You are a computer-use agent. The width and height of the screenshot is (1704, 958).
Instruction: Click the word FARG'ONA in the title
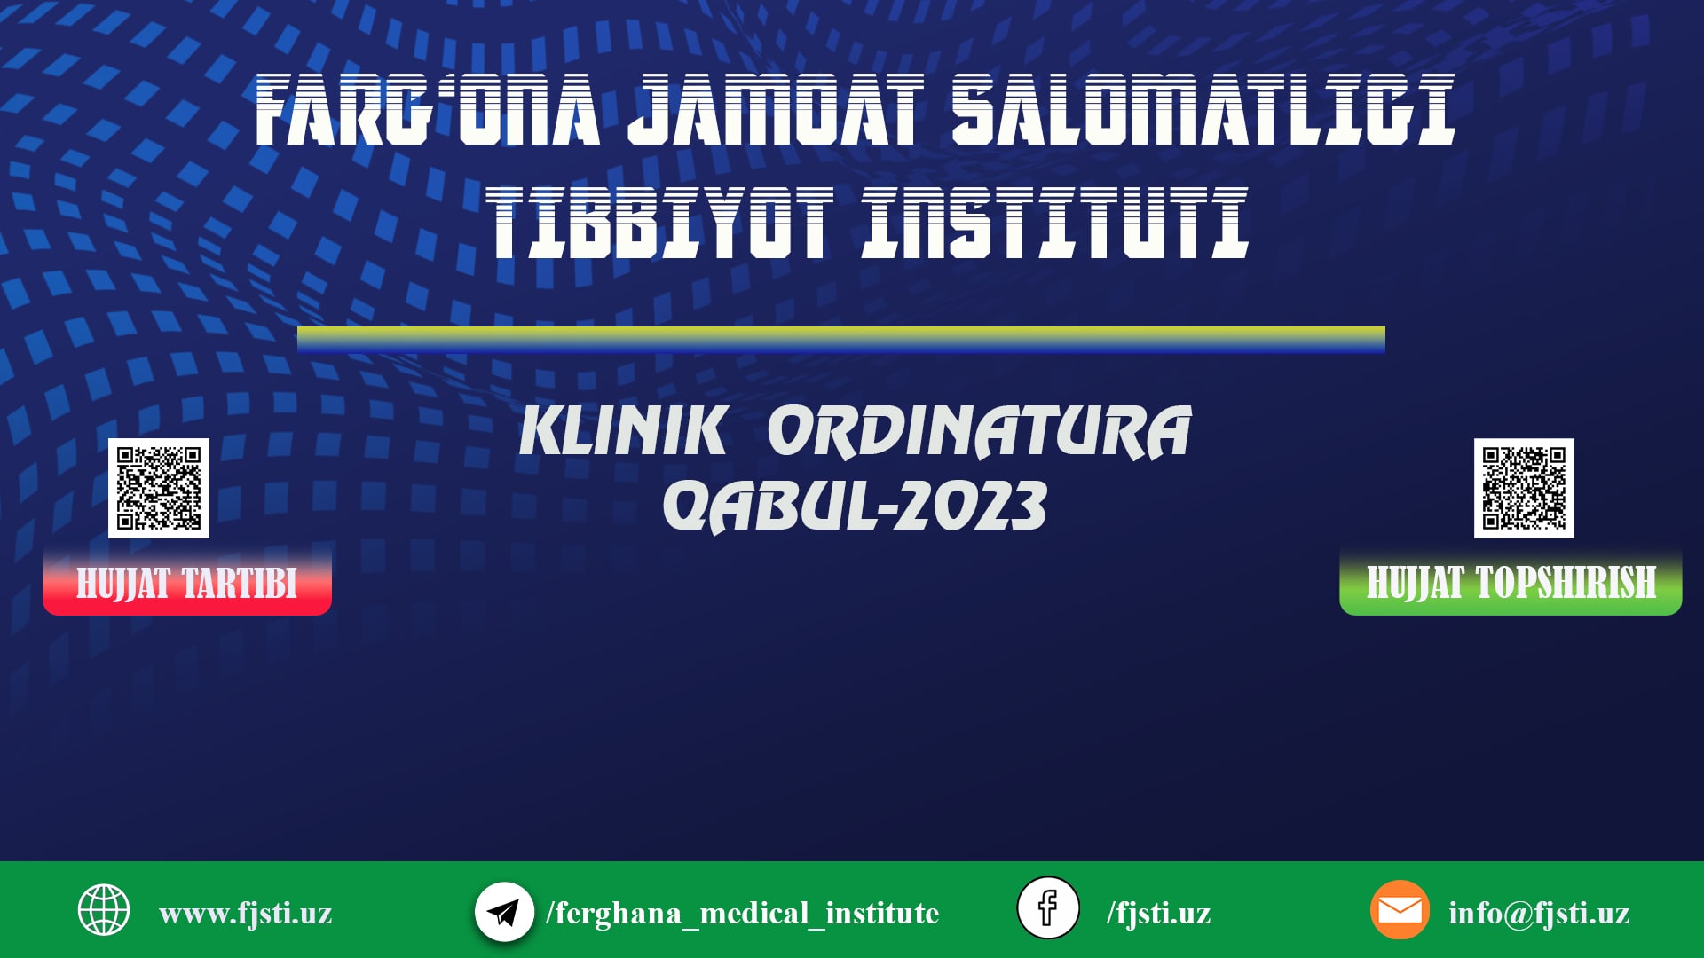point(427,110)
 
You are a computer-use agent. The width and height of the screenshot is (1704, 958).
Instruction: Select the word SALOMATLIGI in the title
point(1203,110)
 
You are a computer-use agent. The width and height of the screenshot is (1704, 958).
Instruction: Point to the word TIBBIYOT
point(659,223)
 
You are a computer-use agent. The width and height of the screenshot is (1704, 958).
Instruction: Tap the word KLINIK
point(623,432)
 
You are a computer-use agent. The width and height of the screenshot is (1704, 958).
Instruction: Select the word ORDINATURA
point(979,432)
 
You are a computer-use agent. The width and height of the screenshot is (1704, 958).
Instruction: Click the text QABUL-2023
point(855,506)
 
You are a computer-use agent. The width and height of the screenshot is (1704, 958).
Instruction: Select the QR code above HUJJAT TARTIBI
point(159,488)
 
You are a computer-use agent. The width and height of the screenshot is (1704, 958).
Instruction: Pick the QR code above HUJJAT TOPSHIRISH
point(1524,488)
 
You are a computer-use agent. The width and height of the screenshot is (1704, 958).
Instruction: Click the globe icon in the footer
point(104,910)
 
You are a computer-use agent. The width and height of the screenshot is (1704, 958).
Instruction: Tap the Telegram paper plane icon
point(504,912)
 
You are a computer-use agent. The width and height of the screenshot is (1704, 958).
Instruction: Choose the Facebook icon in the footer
point(1048,908)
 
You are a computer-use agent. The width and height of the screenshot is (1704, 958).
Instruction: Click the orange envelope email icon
point(1400,910)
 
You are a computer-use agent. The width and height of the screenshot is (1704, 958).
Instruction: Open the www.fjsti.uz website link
point(246,913)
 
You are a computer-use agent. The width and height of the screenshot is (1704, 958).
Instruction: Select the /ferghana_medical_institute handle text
point(742,913)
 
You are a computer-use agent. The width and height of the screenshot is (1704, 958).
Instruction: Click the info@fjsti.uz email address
point(1539,913)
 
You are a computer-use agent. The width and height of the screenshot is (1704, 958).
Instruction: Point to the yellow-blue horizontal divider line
point(840,340)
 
